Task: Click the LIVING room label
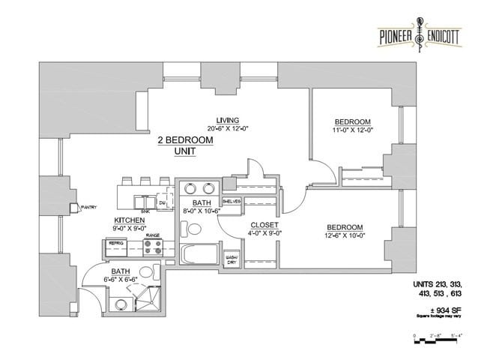point(228,120)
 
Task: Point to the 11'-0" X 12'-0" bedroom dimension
point(352,130)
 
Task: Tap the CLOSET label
point(264,225)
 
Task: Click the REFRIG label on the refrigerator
point(116,243)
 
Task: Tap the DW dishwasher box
point(162,202)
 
